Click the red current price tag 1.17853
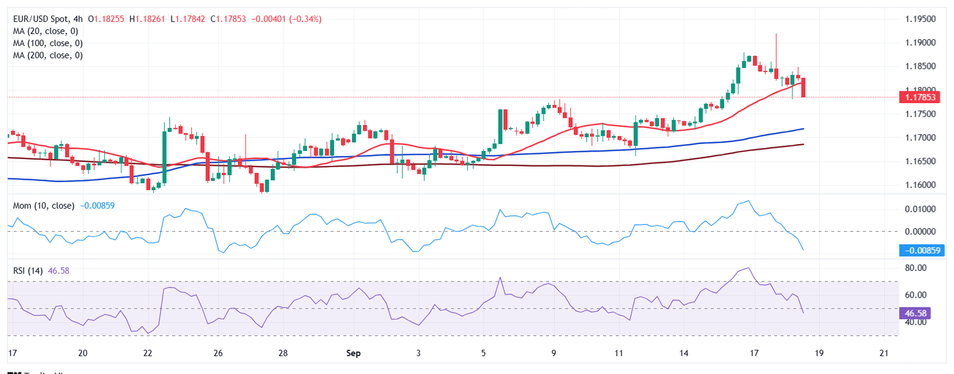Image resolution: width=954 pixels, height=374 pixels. (920, 97)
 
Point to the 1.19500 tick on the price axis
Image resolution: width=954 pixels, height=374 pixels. (920, 19)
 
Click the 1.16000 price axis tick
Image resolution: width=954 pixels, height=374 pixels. (920, 185)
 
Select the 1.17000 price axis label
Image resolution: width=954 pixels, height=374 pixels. (920, 137)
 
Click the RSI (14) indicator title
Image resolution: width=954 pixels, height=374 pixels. (29, 271)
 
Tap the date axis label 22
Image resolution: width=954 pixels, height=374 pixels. (148, 353)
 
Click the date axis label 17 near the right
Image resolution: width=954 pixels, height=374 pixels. (754, 353)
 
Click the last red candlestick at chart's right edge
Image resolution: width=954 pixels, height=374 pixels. (804, 87)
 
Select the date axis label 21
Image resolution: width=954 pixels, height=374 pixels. (884, 353)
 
